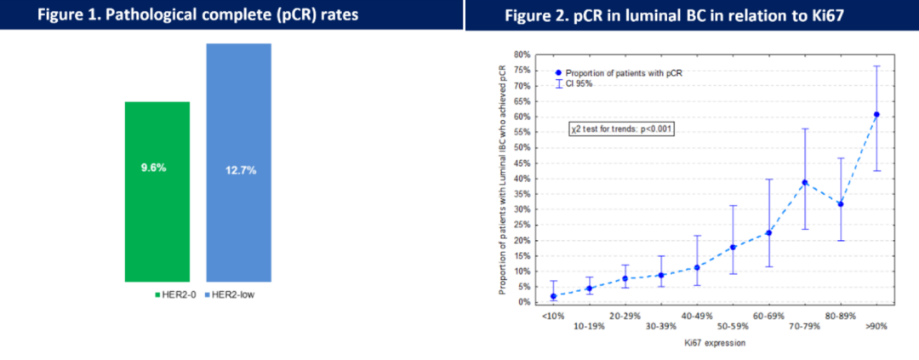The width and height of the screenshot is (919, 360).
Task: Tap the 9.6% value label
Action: click(x=153, y=168)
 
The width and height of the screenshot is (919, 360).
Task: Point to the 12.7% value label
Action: click(x=239, y=169)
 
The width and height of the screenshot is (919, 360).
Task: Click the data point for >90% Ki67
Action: click(x=876, y=114)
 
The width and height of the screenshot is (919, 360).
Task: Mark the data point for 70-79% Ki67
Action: click(x=805, y=182)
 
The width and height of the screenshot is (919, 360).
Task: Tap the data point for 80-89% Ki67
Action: click(x=841, y=203)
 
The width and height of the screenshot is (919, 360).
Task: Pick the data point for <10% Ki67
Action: click(x=553, y=296)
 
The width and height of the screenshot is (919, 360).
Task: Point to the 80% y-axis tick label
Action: click(x=521, y=54)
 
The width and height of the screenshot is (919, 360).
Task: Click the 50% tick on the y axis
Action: click(x=521, y=147)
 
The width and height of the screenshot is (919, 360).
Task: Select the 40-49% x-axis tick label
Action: click(x=697, y=315)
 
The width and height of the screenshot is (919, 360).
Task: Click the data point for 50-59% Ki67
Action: click(x=733, y=247)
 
